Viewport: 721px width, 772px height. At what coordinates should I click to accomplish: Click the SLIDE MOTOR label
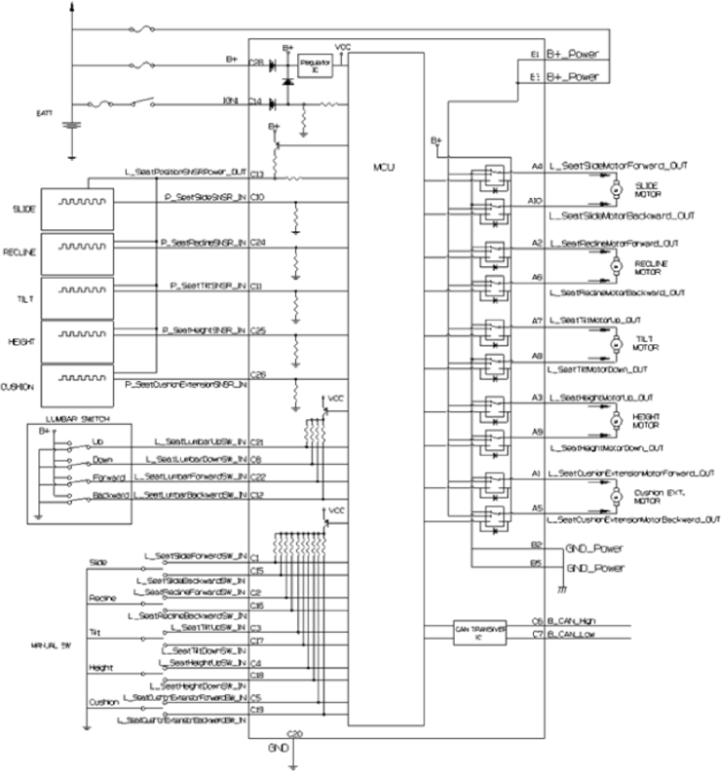pos(650,187)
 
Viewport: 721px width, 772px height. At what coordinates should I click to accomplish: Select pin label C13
pos(257,174)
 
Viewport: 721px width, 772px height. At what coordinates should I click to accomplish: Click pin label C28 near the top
pos(257,60)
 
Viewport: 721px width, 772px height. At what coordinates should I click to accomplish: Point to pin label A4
pos(536,166)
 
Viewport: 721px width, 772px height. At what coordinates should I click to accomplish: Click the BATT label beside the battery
pos(44,114)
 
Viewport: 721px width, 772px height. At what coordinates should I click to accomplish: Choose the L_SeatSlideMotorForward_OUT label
pos(622,166)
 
